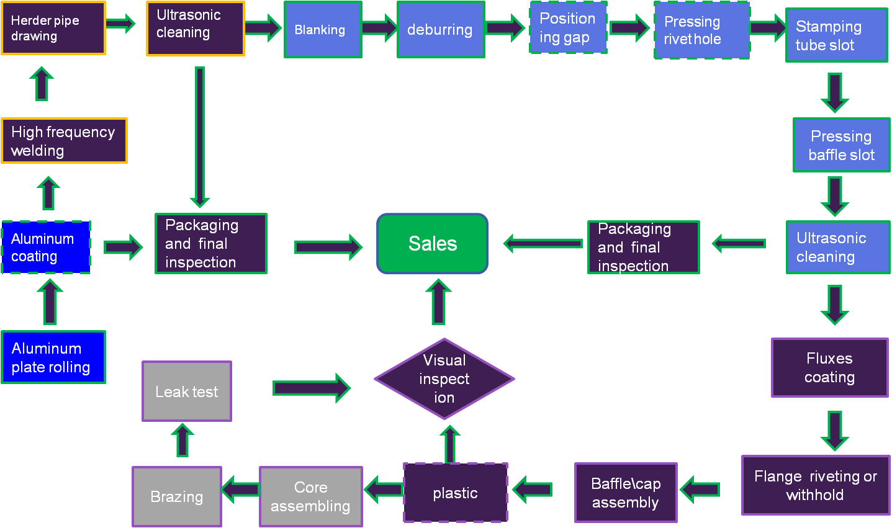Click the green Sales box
[432, 244]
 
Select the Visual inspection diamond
[444, 378]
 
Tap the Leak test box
[186, 392]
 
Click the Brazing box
[177, 496]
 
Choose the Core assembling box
[310, 496]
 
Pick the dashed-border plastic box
[455, 493]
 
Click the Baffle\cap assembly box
[626, 493]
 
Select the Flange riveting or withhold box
[815, 485]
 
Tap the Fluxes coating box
[829, 367]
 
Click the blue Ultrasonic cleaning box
[837, 247]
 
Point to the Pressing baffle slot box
[841, 145]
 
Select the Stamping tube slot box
[836, 35]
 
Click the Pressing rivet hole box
[701, 30]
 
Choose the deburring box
[440, 30]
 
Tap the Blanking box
[322, 30]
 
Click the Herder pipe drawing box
[53, 29]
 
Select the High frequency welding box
[64, 141]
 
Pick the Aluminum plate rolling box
[53, 357]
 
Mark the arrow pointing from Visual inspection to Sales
[439, 302]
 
